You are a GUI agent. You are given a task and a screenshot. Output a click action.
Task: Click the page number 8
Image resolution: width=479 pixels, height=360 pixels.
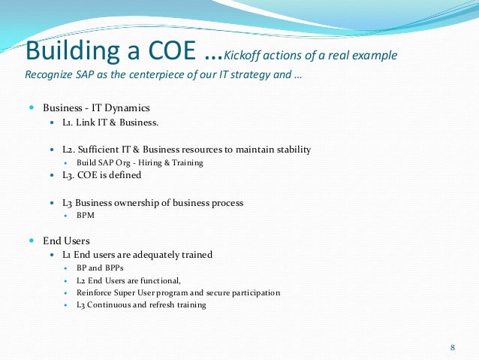click(x=452, y=347)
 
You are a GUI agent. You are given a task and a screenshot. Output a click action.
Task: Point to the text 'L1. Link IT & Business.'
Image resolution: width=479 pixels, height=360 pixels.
click(x=110, y=122)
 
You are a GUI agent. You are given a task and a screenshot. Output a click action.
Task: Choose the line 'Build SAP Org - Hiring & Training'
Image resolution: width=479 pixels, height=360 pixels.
click(x=140, y=162)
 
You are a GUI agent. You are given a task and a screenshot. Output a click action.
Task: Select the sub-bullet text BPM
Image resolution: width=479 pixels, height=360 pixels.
click(x=86, y=215)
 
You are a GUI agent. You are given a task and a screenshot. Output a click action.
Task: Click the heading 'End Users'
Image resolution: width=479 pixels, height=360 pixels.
click(x=66, y=241)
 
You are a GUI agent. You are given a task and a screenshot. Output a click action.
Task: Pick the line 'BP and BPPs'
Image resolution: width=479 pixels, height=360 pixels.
click(x=101, y=267)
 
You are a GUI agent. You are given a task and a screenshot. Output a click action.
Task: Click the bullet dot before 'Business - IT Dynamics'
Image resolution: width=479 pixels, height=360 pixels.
click(x=32, y=108)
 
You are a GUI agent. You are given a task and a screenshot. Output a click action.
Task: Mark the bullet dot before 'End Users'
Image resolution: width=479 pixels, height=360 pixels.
click(x=32, y=241)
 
